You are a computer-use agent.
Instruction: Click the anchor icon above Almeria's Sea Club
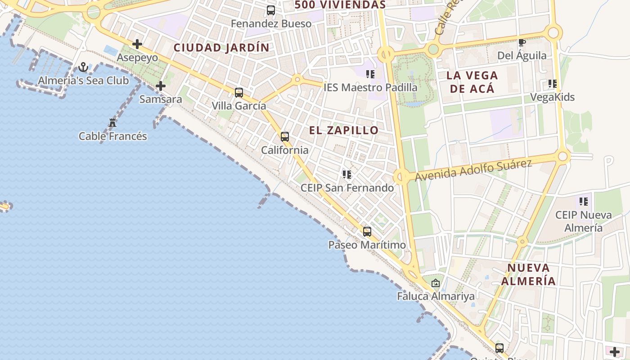coord(83,67)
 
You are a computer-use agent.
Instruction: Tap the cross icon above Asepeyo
coord(137,44)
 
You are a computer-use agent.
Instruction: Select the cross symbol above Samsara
coord(161,86)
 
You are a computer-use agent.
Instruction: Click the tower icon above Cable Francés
coord(112,122)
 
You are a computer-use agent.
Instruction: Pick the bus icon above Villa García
coord(239,93)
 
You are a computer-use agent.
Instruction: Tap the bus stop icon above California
coord(285,137)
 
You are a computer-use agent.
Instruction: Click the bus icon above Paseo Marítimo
coord(367,232)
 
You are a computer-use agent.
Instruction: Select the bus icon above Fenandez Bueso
coord(271,10)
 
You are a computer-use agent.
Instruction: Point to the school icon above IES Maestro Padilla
coord(370,74)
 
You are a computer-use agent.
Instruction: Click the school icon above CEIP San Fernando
coord(346,174)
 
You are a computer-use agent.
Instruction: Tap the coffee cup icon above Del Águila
coord(522,43)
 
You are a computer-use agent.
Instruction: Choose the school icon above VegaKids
coord(553,84)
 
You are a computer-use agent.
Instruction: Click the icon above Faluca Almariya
coord(435,283)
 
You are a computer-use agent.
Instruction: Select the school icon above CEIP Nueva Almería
coord(584,202)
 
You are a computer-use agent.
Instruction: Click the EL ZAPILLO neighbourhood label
coord(344,130)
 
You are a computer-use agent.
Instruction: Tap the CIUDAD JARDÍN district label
coord(221,48)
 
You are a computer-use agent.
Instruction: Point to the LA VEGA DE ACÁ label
coord(472,82)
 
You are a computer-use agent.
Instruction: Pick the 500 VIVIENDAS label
coord(340,5)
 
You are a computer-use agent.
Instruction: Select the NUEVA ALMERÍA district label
coord(528,274)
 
